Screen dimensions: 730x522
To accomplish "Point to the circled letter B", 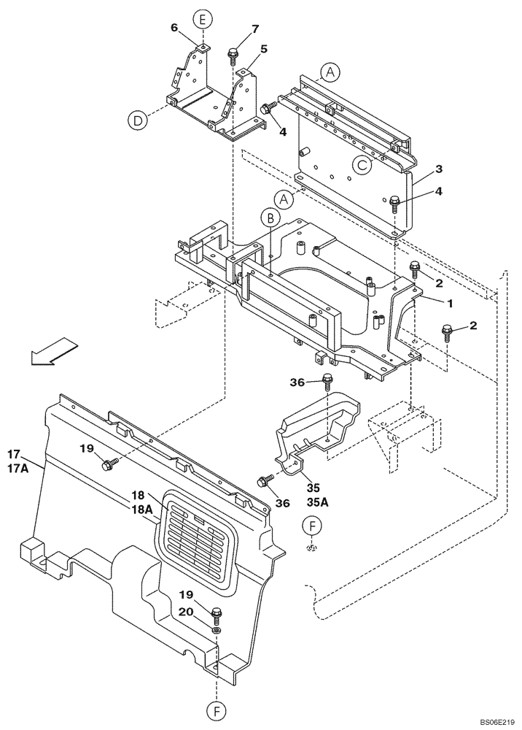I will [270, 218].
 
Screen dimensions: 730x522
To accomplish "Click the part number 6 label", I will [174, 28].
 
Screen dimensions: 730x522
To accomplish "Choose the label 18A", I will [141, 510].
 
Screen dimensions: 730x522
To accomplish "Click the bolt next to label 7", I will [234, 54].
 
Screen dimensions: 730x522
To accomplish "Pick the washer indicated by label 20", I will [217, 629].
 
